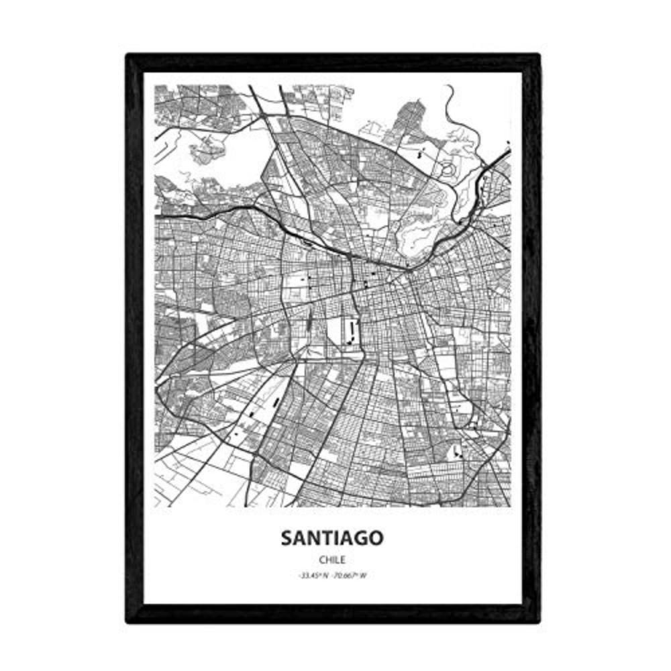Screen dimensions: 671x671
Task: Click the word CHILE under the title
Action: tap(333, 558)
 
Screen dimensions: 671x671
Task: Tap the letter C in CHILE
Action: tap(322, 558)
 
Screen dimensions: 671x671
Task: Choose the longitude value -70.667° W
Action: tap(350, 575)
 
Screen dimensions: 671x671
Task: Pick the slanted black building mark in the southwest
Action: tap(276, 403)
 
